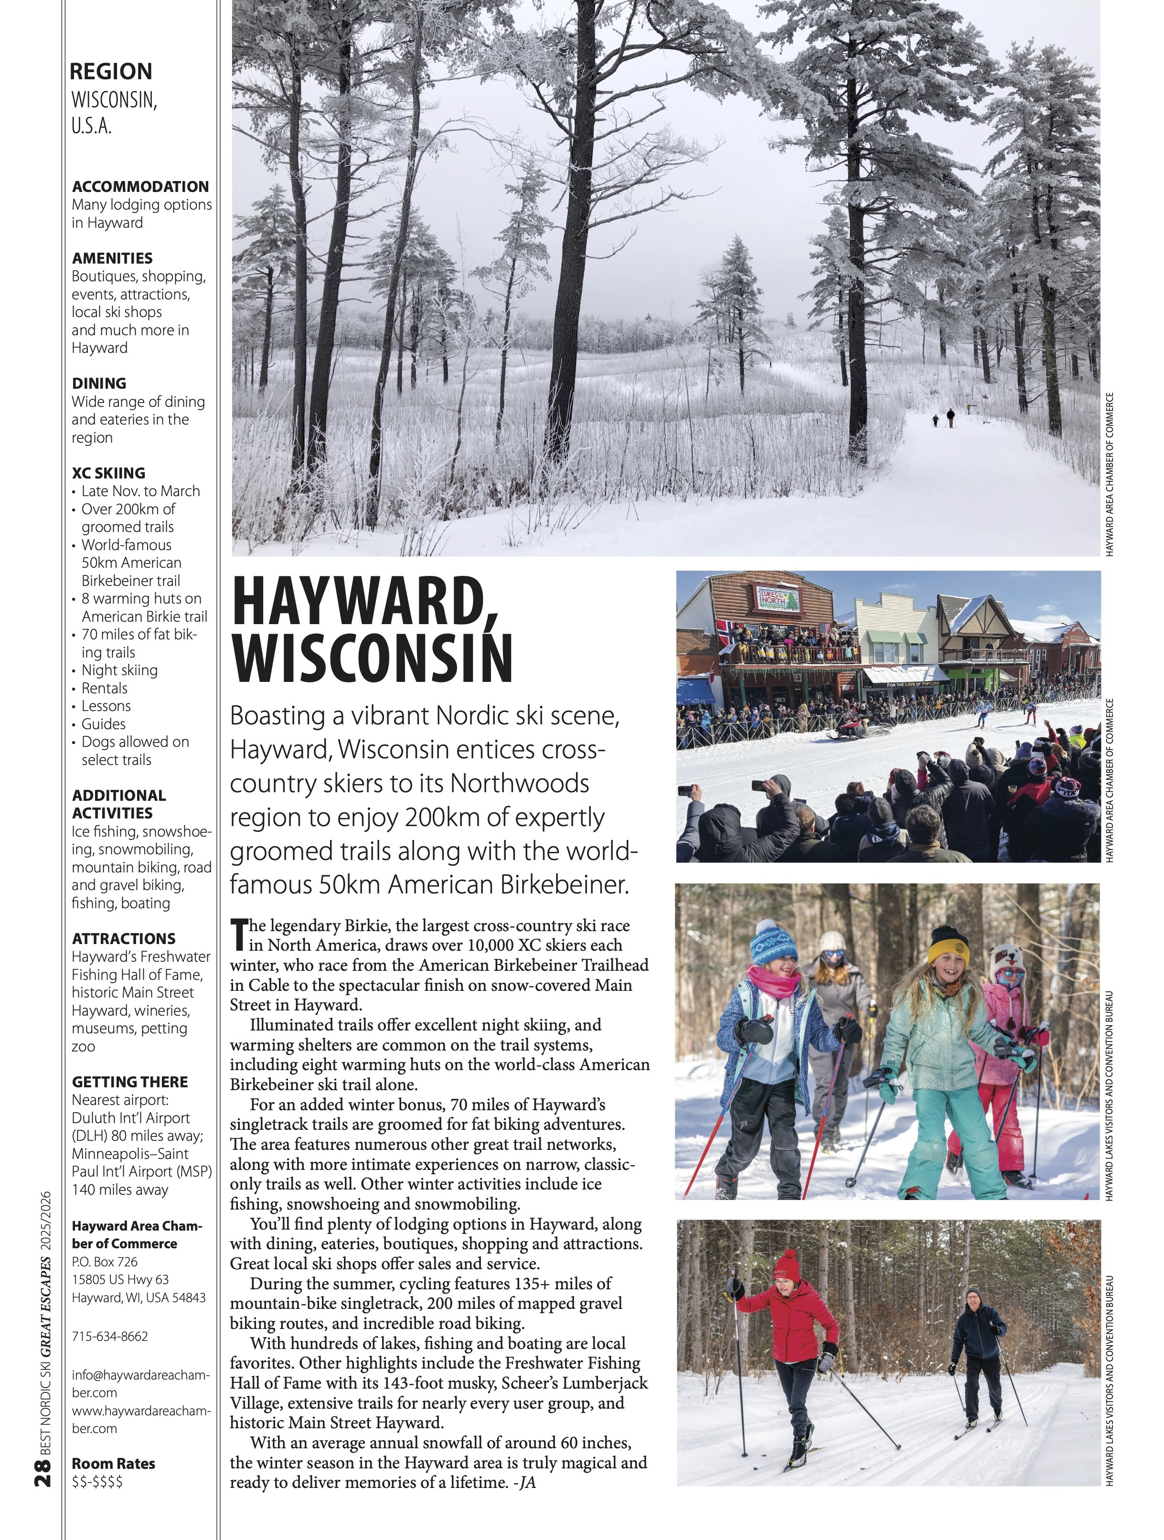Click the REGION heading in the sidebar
pyautogui.click(x=111, y=71)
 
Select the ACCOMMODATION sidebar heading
pyautogui.click(x=140, y=187)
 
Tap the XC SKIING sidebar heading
pyautogui.click(x=108, y=473)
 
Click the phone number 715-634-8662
pyautogui.click(x=110, y=1336)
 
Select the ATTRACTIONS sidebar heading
pyautogui.click(x=123, y=938)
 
